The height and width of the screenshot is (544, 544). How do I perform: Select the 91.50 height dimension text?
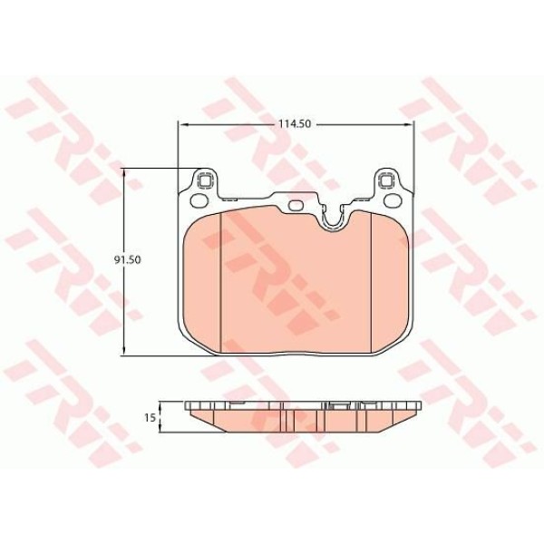(x=138, y=259)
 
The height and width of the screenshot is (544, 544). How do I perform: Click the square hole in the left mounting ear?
(x=204, y=179)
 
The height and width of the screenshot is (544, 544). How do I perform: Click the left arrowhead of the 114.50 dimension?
(x=180, y=123)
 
